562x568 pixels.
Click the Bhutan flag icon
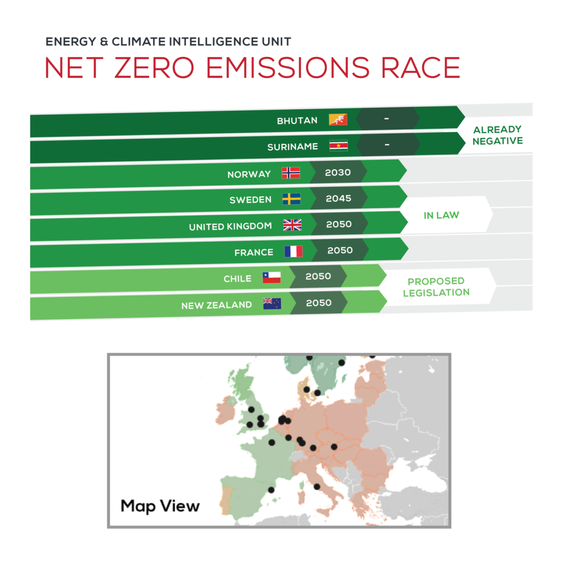[338, 120]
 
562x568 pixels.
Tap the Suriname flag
[338, 146]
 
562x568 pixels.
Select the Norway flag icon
[291, 173]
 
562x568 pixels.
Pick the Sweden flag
[291, 199]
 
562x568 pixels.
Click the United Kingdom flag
[292, 225]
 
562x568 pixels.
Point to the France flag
[293, 252]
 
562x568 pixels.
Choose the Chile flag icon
[272, 277]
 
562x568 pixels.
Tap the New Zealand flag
[272, 304]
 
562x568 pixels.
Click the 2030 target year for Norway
[338, 172]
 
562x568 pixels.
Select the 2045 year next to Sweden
[338, 199]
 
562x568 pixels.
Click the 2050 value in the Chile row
[318, 277]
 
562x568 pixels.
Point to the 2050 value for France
[340, 251]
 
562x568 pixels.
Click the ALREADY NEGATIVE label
[497, 135]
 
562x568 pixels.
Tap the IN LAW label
[441, 215]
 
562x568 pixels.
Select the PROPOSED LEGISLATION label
[436, 287]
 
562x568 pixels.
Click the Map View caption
[160, 506]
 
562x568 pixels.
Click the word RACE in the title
[421, 68]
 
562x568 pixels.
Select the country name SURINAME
[292, 147]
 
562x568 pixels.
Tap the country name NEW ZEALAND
[216, 305]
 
